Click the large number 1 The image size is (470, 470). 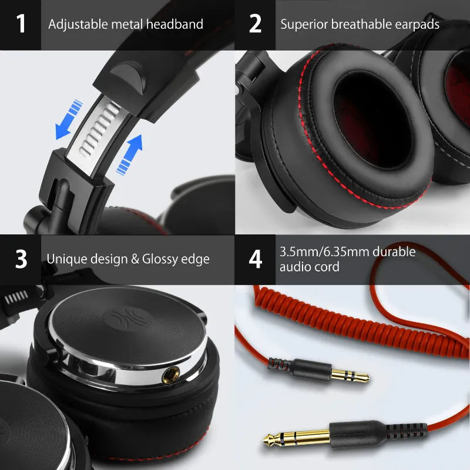(21, 24)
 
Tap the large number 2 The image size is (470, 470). (255, 24)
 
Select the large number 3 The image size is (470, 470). (21, 259)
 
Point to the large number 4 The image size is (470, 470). (255, 259)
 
